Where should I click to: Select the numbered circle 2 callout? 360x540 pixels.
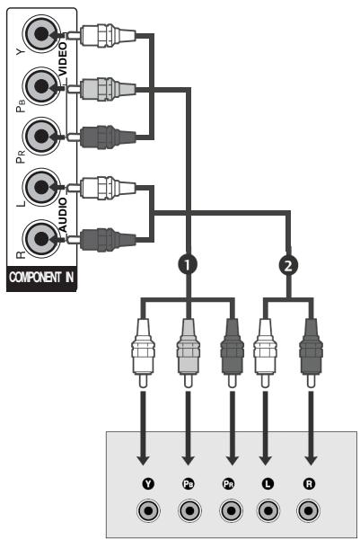tap(289, 266)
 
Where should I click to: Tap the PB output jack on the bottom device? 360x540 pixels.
tap(189, 510)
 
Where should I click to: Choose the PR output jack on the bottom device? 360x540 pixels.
tap(229, 510)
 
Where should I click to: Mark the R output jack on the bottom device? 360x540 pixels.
tap(310, 510)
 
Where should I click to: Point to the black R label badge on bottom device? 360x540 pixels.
tap(310, 482)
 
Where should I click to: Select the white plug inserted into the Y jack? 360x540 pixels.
tap(106, 37)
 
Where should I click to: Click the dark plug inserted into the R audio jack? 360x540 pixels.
tap(106, 239)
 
